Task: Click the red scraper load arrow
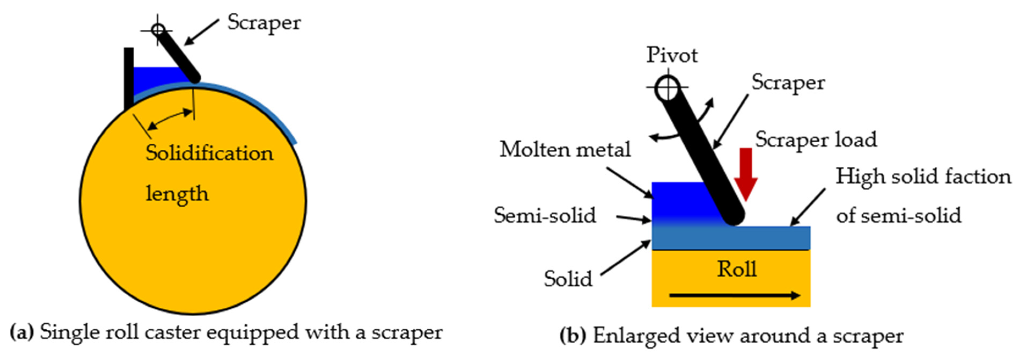coord(745,174)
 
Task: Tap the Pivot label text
coord(671,55)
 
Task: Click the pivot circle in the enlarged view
coord(667,88)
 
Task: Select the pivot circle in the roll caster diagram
coord(158,30)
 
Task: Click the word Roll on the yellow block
coord(737,270)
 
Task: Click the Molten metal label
coord(565,150)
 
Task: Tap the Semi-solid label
coord(545,215)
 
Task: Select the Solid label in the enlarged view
coord(568,279)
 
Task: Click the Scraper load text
coord(816,140)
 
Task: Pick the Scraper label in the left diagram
coord(264,23)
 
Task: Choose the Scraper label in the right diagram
coord(788,83)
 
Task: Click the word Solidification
coord(209,153)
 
